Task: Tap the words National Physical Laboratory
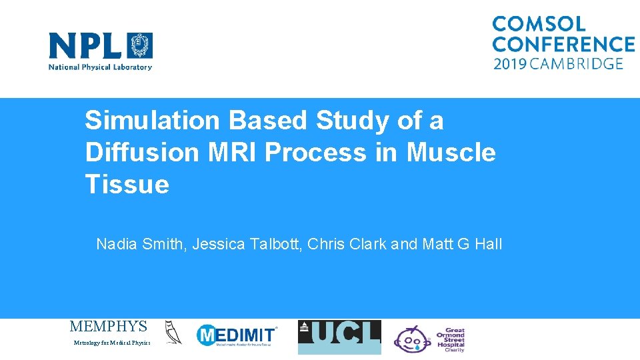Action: [x=100, y=67]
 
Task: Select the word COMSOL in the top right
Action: [x=539, y=24]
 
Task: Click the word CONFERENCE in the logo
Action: [x=563, y=44]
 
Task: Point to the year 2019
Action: [x=511, y=64]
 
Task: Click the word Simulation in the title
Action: [x=152, y=121]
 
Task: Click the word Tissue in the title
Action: [x=127, y=185]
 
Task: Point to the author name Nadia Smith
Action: [x=140, y=245]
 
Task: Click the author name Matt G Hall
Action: [x=462, y=245]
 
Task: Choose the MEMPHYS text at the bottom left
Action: [x=108, y=327]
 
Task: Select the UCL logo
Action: [x=339, y=337]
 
